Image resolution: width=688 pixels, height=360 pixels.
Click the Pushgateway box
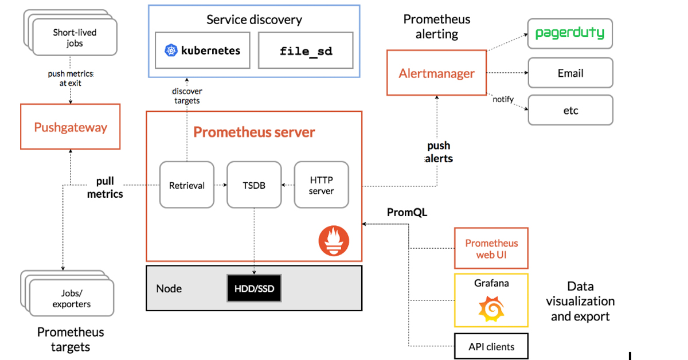tap(71, 127)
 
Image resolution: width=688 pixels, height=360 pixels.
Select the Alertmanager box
tap(437, 73)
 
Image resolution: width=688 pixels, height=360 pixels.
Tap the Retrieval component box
tap(187, 185)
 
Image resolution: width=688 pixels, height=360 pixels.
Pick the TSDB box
tap(254, 185)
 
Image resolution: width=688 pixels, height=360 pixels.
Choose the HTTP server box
tap(321, 185)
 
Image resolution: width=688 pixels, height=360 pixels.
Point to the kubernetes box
tap(202, 50)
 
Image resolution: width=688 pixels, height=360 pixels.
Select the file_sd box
tap(306, 50)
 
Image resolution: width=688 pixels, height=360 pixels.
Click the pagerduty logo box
tap(570, 33)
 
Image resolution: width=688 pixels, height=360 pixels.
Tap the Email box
tap(570, 73)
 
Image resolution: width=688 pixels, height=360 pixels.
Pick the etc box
tap(570, 110)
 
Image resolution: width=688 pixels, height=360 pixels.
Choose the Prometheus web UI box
tap(491, 248)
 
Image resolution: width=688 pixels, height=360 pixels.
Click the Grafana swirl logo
tap(491, 309)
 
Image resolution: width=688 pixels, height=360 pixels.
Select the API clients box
tap(491, 346)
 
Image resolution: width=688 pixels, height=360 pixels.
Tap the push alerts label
tap(439, 152)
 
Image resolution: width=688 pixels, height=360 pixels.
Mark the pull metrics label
tap(105, 188)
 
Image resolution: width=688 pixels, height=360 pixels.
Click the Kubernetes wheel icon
tap(171, 50)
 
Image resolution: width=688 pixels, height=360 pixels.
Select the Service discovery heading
tap(254, 19)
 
